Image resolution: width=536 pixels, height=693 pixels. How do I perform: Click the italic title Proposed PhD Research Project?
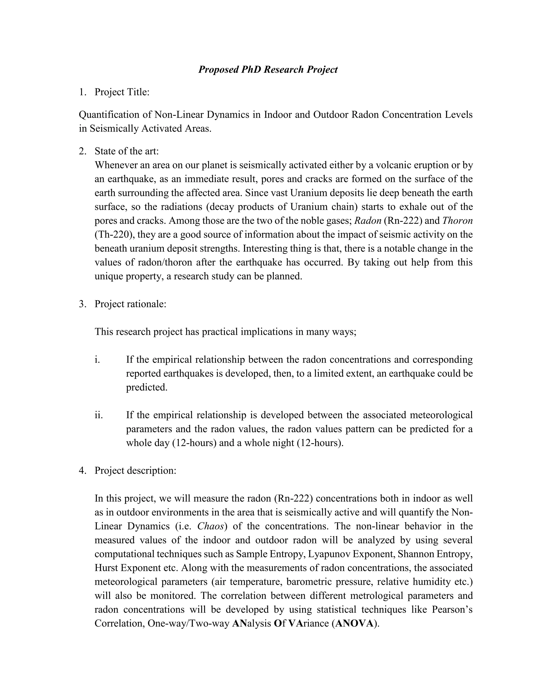pos(268,70)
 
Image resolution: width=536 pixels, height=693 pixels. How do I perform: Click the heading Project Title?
pos(122,92)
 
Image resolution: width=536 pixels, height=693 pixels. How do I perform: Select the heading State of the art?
pos(126,151)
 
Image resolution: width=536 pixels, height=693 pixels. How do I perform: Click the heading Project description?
pos(135,470)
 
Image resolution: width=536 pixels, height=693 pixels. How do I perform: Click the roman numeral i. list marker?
pos(97,360)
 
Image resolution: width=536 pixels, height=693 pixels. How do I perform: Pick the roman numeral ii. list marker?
pos(99,415)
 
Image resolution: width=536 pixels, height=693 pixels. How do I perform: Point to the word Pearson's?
pos(452,609)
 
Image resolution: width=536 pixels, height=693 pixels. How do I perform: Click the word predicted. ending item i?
pos(146,387)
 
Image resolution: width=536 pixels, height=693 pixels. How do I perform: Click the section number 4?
pos(82,470)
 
